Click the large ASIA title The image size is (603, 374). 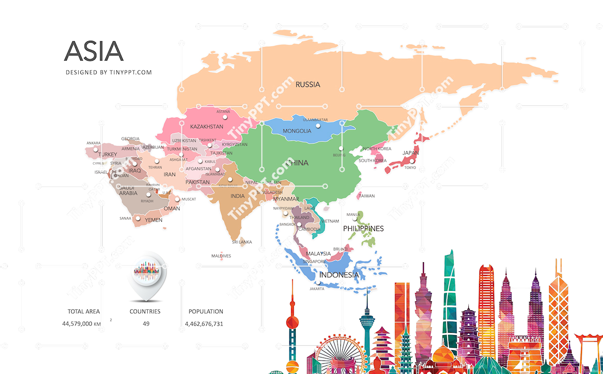click(93, 51)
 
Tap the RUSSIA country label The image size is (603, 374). click(308, 85)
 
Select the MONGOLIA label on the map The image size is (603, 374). click(297, 131)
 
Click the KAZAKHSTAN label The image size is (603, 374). click(207, 127)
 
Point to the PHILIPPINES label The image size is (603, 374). click(363, 228)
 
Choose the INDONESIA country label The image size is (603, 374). click(339, 275)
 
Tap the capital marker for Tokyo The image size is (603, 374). click(411, 161)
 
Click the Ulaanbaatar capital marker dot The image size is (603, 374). click(318, 126)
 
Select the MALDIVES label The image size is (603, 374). click(221, 256)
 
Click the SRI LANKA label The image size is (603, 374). click(242, 242)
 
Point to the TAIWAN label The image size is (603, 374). click(367, 196)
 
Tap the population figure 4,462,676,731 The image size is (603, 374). click(204, 323)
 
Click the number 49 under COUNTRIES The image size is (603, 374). click(146, 323)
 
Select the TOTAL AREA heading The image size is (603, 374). click(84, 311)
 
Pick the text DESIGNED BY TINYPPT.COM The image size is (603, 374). click(109, 72)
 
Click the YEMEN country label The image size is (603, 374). click(154, 220)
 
